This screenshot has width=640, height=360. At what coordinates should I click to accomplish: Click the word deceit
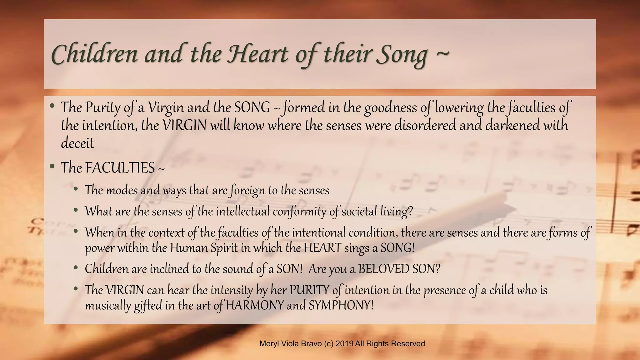click(x=77, y=143)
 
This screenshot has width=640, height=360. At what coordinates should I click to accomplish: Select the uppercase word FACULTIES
click(x=120, y=168)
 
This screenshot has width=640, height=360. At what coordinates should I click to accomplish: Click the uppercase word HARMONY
click(x=255, y=305)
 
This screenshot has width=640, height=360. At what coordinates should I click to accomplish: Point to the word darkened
click(x=512, y=125)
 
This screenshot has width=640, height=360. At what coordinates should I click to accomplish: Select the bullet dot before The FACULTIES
click(x=52, y=166)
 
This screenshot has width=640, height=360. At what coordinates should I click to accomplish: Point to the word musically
click(x=107, y=305)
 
